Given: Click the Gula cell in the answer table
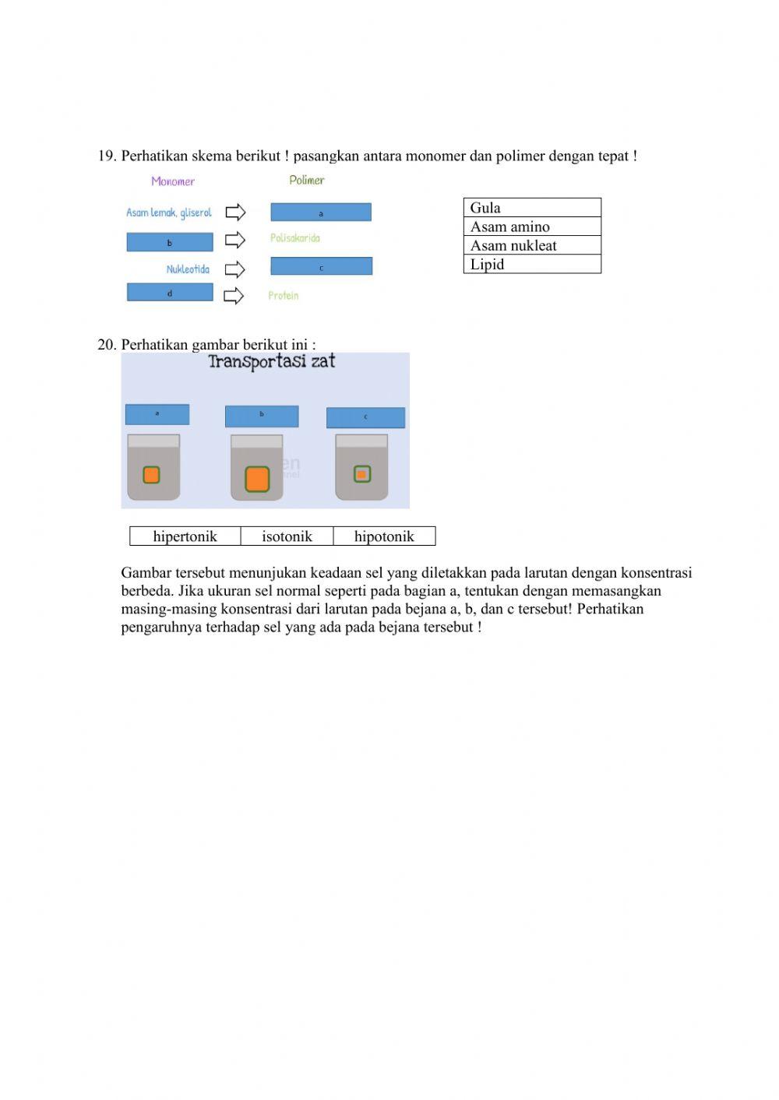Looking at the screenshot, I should point(532,208).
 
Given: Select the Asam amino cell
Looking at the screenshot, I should point(532,227).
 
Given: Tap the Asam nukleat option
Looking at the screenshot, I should point(532,245).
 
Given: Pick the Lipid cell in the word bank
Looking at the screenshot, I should point(532,264).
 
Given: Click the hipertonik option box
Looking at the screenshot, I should point(185,536).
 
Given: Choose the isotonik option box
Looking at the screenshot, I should point(287,536).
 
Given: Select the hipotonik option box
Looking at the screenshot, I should point(384,536).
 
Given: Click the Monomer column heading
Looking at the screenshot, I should point(173,181).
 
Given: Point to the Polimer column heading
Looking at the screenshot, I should point(306,180).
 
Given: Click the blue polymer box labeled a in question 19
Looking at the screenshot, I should point(321,213).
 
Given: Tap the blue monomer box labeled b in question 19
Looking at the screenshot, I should point(170,242).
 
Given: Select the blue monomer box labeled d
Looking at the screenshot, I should point(170,293).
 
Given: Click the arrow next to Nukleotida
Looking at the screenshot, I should point(234,269).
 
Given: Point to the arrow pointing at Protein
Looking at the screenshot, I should point(234,296).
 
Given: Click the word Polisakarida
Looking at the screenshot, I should point(295,238).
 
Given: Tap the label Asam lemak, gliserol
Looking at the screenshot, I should point(169,213).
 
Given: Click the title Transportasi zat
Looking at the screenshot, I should point(271,361).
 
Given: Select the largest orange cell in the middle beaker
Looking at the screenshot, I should point(257,478).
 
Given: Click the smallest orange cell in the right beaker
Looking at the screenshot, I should point(361,473).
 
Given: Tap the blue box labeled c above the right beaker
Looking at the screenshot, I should point(365,417).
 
